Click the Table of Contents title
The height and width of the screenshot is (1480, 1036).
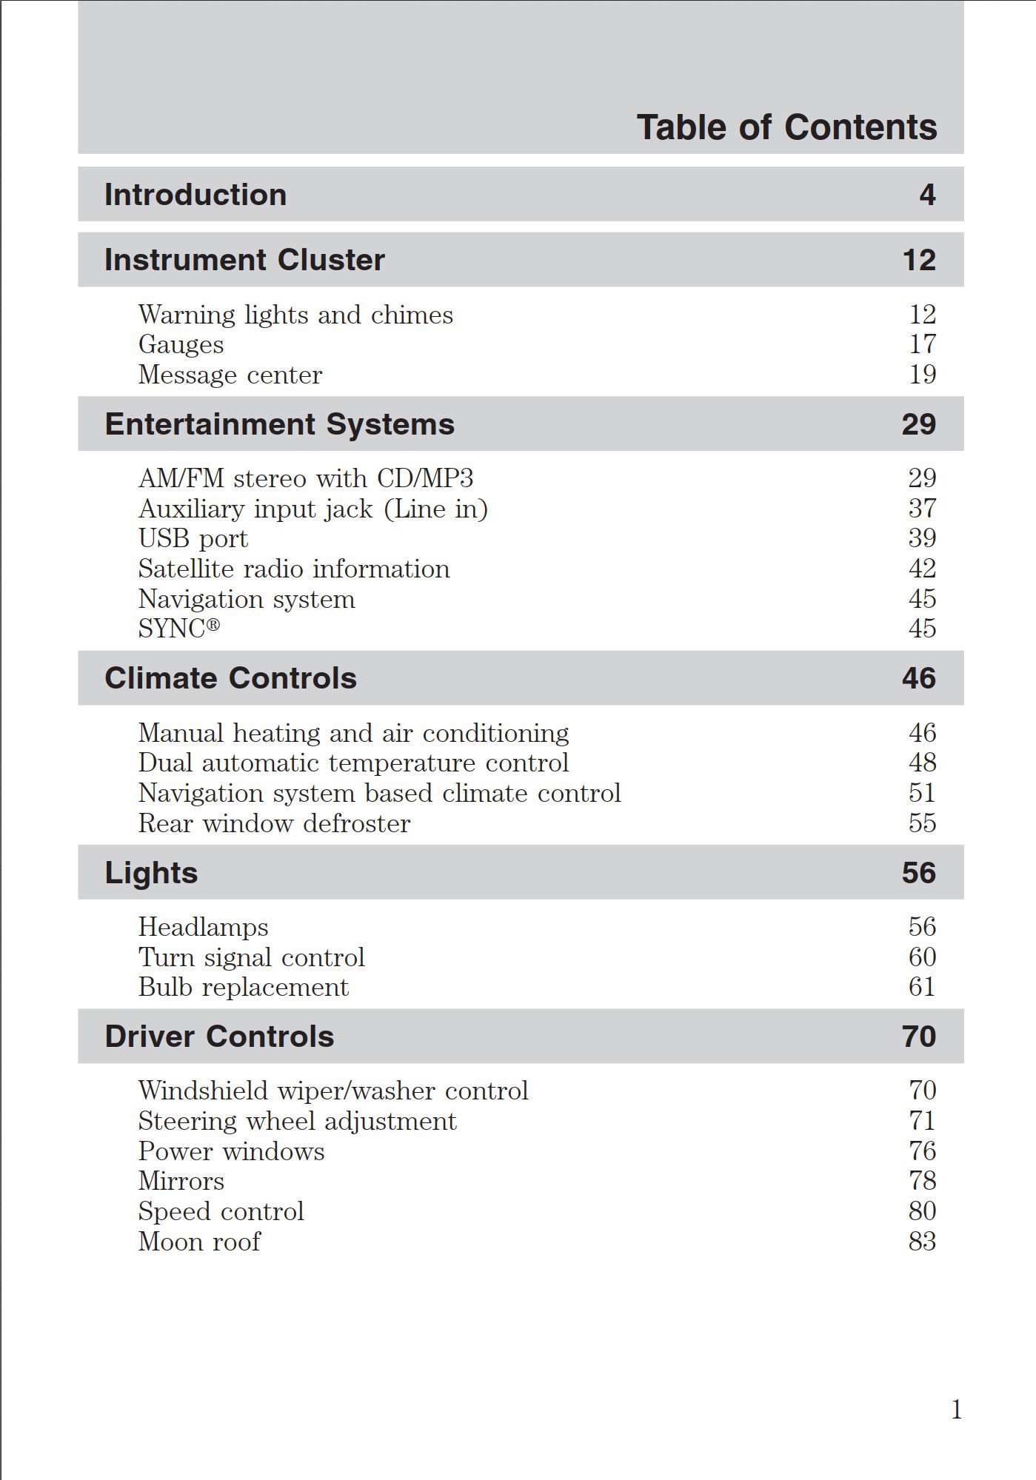pyautogui.click(x=786, y=127)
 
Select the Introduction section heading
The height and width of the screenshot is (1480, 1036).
pyautogui.click(x=195, y=195)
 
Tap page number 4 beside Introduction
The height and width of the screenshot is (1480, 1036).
pyautogui.click(x=927, y=195)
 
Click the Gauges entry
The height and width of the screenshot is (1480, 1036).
pyautogui.click(x=181, y=345)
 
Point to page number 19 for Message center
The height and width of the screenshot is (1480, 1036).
pyautogui.click(x=923, y=375)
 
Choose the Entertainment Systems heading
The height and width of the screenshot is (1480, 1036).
pyautogui.click(x=279, y=424)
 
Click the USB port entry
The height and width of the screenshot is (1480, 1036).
pyautogui.click(x=193, y=538)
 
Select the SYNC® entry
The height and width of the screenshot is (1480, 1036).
pyautogui.click(x=179, y=629)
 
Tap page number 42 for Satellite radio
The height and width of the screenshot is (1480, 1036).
pyautogui.click(x=923, y=569)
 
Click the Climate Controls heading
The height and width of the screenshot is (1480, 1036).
pyautogui.click(x=230, y=678)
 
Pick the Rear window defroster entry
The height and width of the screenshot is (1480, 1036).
pyautogui.click(x=274, y=823)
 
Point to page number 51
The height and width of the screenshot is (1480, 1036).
pyautogui.click(x=923, y=793)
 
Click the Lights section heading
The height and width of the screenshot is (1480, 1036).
pyautogui.click(x=151, y=873)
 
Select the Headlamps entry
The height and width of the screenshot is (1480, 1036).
pyautogui.click(x=203, y=927)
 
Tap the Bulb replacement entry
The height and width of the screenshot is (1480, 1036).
pyautogui.click(x=243, y=988)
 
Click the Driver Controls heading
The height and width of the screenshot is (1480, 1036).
pyautogui.click(x=219, y=1037)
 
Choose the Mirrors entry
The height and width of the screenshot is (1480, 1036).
pyautogui.click(x=181, y=1181)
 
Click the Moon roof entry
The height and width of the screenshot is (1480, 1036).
pyautogui.click(x=199, y=1242)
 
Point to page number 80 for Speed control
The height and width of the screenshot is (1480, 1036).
pyautogui.click(x=923, y=1211)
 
